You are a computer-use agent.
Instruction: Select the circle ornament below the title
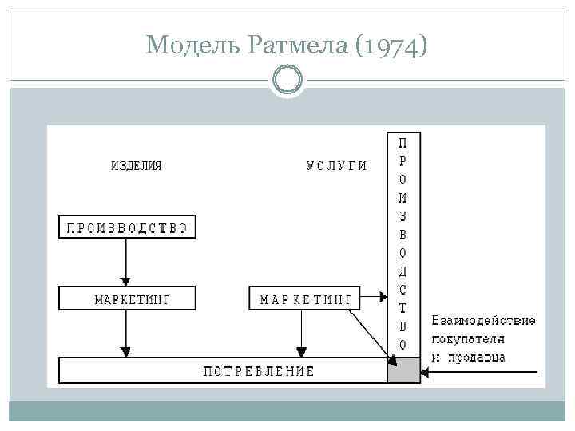[x=287, y=80]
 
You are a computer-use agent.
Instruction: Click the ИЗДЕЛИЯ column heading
[x=136, y=166]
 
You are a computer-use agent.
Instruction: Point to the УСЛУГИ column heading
[x=337, y=166]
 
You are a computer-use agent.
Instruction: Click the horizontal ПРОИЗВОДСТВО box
[x=127, y=227]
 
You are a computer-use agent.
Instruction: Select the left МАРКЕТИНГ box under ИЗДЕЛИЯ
[x=127, y=299]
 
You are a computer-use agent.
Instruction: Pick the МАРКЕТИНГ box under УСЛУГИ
[x=304, y=299]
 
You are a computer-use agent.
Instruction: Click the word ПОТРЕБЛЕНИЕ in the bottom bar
[x=258, y=371]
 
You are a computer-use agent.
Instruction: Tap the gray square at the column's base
[x=403, y=371]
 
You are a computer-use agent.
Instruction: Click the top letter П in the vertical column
[x=403, y=143]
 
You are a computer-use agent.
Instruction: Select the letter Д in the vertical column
[x=403, y=271]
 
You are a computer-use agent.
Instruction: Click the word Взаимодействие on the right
[x=483, y=321]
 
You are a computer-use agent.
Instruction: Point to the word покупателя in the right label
[x=468, y=338]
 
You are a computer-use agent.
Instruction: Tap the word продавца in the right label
[x=475, y=357]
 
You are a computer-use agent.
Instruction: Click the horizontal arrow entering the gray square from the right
[x=479, y=371]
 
